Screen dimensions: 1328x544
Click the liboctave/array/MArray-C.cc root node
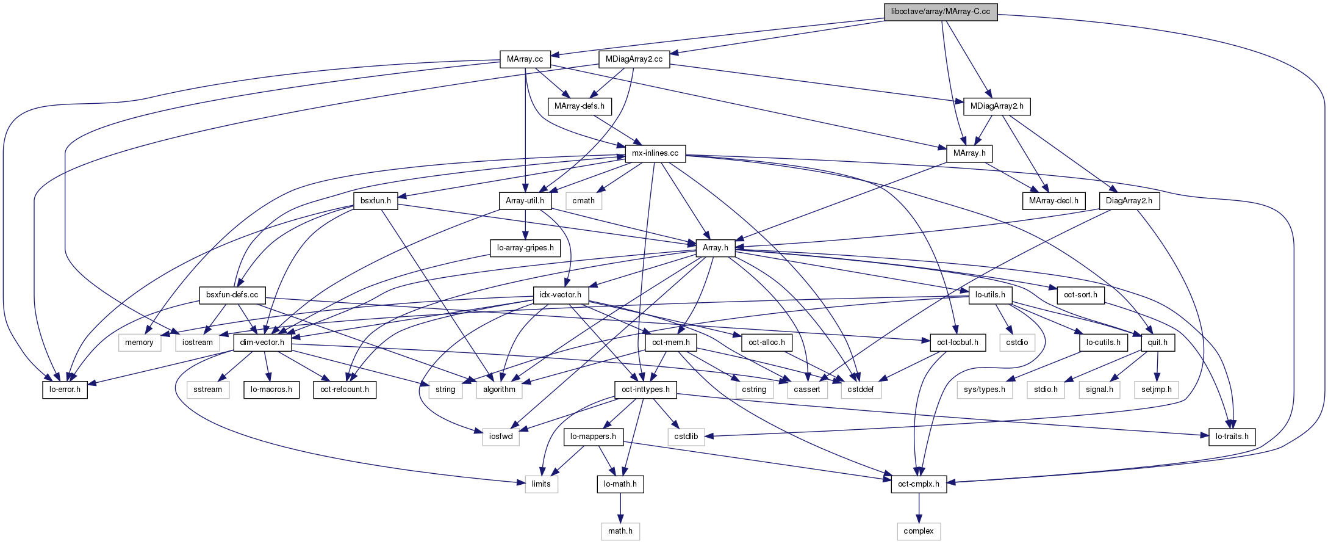[x=941, y=12]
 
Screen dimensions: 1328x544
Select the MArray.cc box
[x=525, y=59]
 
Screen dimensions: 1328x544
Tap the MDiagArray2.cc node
[x=634, y=59]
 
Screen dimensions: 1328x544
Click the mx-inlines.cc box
[x=655, y=153]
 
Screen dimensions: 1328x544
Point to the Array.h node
[x=716, y=248]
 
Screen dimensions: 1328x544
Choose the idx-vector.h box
[x=561, y=295]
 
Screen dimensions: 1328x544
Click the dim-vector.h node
[x=262, y=343]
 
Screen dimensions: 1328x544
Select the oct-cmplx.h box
[x=919, y=484]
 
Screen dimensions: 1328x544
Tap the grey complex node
[x=919, y=531]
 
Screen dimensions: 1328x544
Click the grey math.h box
[x=620, y=531]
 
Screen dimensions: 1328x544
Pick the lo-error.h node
[x=65, y=390]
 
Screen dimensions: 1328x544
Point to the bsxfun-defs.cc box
[x=232, y=295]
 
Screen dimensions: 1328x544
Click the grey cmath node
[x=584, y=201]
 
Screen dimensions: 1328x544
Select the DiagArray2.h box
[x=1129, y=201]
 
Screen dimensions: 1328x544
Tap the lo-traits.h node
[x=1232, y=437]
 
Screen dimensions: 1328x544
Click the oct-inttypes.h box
[x=645, y=390]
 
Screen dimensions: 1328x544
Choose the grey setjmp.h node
[x=1157, y=390]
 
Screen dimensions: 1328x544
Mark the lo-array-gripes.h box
[x=525, y=248]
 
